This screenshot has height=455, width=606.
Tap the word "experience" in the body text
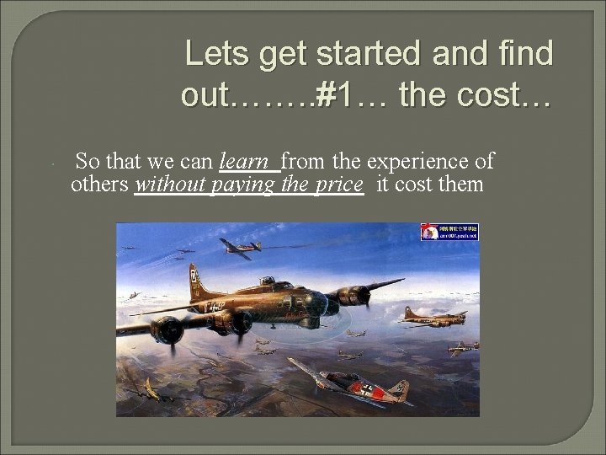coord(422,160)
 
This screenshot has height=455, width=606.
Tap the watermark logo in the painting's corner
coord(449,232)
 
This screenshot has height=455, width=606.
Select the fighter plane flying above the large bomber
coord(240,246)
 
